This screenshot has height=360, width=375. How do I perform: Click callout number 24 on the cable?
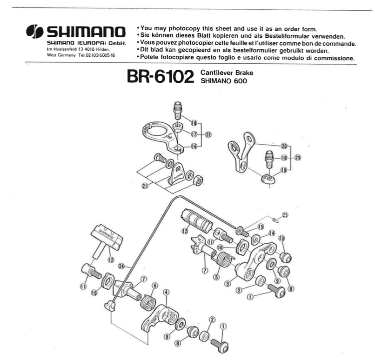[x=122, y=267]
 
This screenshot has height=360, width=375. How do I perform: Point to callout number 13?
[x=281, y=239]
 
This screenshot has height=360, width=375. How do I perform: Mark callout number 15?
[x=261, y=227]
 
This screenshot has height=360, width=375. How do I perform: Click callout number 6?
[x=155, y=286]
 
